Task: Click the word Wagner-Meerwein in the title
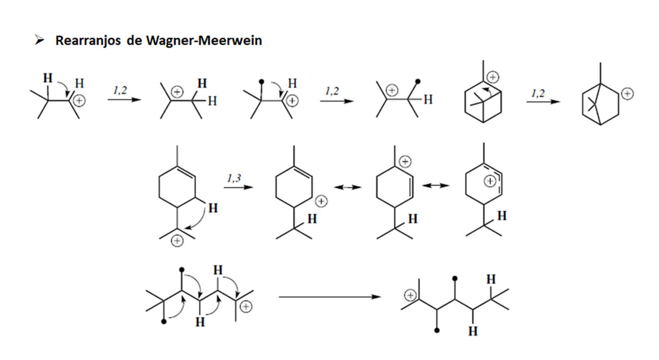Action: [x=204, y=41]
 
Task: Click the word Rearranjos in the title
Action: [x=88, y=41]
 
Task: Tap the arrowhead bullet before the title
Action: [x=39, y=40]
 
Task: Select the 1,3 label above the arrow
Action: [x=234, y=178]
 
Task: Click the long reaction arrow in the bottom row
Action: [x=330, y=297]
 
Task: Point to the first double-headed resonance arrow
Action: [x=347, y=187]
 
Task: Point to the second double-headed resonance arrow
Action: [x=435, y=186]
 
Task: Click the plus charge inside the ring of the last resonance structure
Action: [x=490, y=181]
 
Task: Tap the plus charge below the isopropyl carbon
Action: [x=177, y=241]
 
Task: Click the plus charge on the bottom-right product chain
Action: [x=410, y=295]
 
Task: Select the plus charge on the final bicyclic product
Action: [x=627, y=94]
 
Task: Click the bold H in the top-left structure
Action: [x=48, y=78]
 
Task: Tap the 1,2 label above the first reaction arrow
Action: [x=120, y=90]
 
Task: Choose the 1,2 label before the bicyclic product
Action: [x=538, y=93]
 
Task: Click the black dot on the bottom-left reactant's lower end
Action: [x=164, y=321]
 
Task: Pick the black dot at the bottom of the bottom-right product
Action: [x=437, y=330]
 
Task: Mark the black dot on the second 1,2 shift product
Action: [x=418, y=81]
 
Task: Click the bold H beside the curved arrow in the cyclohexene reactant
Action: [x=213, y=208]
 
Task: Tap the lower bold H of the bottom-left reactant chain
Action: [x=200, y=322]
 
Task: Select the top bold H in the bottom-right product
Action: [x=491, y=279]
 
